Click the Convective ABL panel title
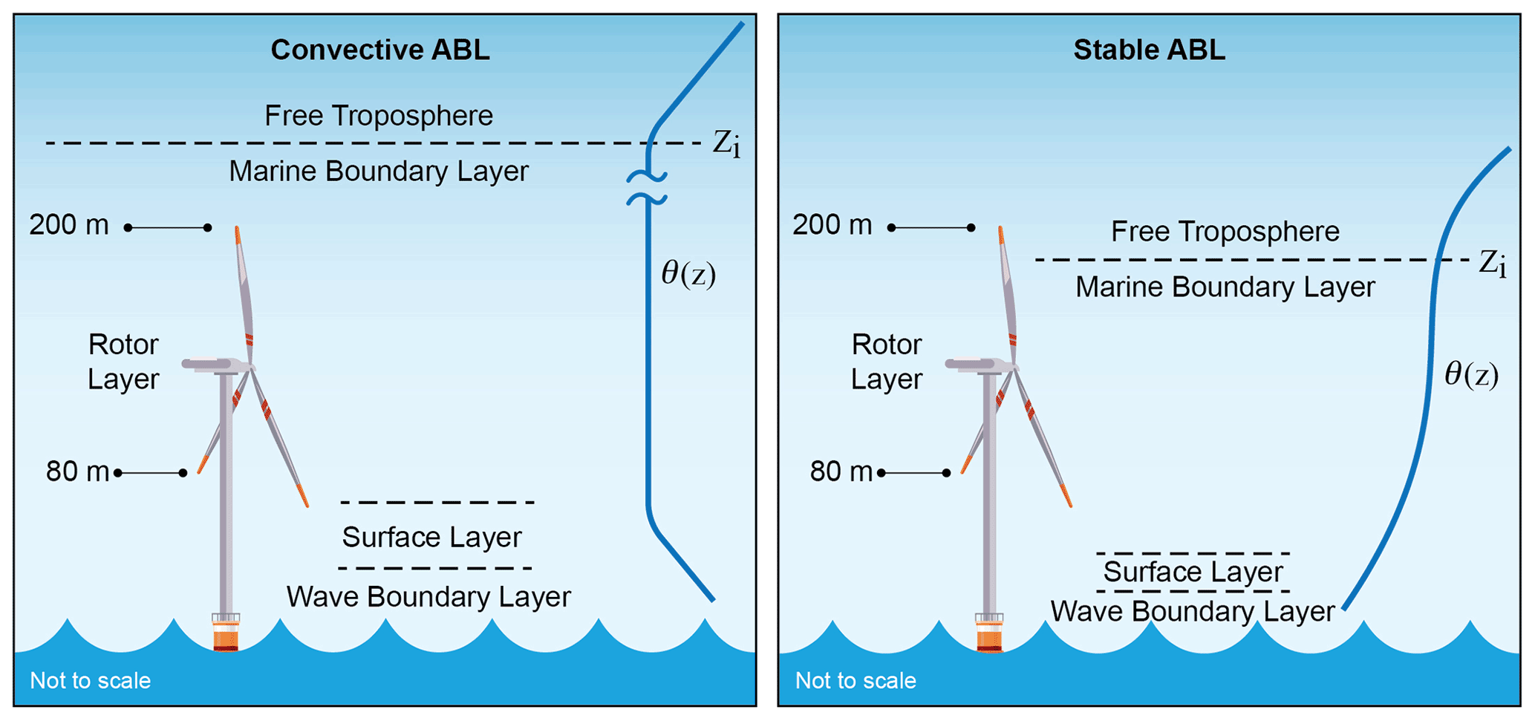tap(379, 50)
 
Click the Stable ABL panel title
tap(1149, 50)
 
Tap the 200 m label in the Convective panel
tap(69, 225)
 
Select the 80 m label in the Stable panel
tap(841, 472)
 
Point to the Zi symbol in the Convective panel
tap(726, 143)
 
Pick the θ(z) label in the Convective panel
tap(688, 274)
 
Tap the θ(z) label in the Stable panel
tap(1471, 374)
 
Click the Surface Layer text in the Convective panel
tap(431, 537)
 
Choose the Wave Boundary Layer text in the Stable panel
tap(1192, 612)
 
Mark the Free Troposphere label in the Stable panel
tap(1225, 232)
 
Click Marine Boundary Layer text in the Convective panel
tap(379, 172)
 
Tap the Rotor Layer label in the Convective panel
tap(123, 362)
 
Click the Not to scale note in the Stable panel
tap(856, 681)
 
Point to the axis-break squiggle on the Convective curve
tap(647, 188)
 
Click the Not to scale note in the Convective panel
tap(90, 681)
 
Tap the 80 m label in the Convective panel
tap(77, 472)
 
